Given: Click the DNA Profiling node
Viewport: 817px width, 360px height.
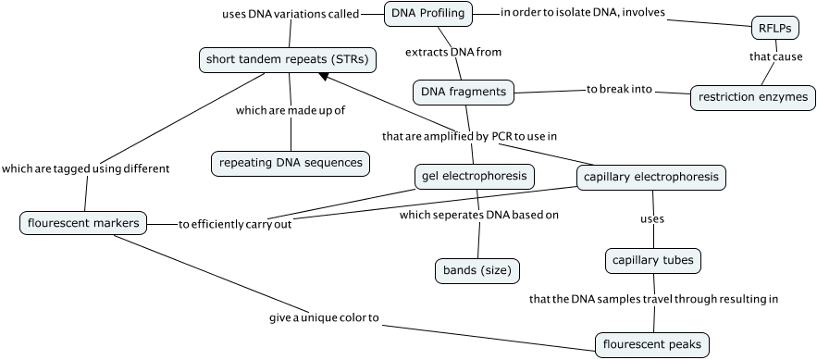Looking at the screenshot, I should point(428,13).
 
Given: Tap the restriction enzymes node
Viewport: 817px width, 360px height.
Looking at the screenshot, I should point(753,96).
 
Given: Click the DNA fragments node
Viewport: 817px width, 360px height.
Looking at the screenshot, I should point(463,92).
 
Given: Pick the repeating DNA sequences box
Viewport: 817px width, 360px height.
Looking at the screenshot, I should point(291,163).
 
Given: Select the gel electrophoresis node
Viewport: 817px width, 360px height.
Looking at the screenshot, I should point(473,175).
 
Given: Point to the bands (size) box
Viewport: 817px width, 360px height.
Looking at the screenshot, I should point(477,270).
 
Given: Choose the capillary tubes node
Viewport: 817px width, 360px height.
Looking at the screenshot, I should point(653,261).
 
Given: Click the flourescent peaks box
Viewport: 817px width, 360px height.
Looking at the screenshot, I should point(652,345).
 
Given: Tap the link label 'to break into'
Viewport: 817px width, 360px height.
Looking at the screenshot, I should point(619,90).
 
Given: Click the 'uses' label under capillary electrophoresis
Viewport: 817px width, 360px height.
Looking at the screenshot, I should point(653,219).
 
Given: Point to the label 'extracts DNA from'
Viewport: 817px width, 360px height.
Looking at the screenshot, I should point(453,52).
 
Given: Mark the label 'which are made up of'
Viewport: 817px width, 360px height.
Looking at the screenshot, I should point(291,110).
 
